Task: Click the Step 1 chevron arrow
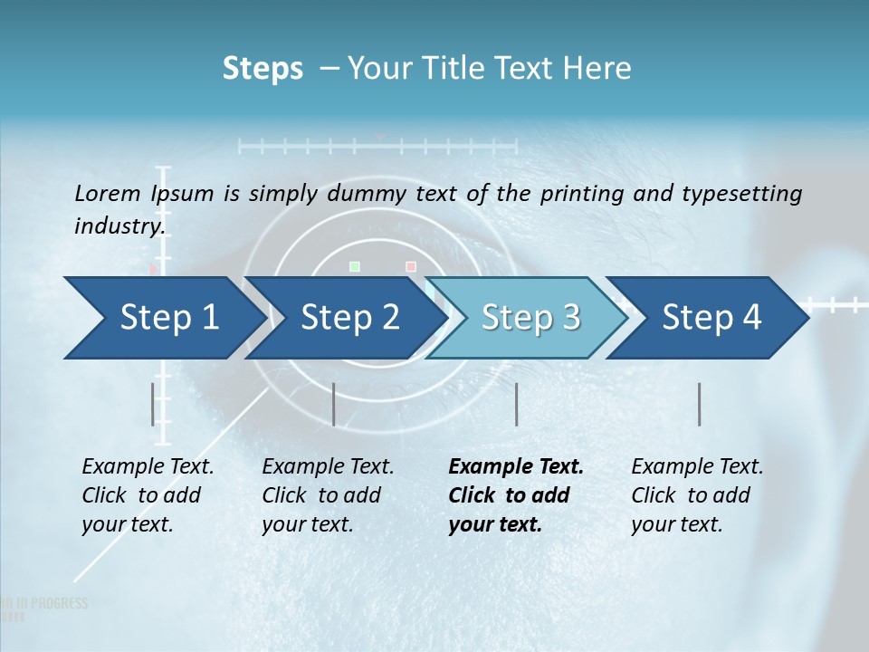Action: [x=163, y=317]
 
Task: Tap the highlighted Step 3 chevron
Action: [x=530, y=317]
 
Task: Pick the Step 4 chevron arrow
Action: [x=711, y=317]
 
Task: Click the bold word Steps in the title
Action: [x=263, y=69]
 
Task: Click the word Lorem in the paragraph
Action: [x=107, y=193]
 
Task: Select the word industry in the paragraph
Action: [x=119, y=225]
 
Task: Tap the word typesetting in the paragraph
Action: [x=744, y=194]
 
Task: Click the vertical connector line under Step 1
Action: [x=153, y=404]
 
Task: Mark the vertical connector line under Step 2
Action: [x=334, y=404]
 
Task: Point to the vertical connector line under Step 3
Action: [x=517, y=404]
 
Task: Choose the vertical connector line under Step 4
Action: [x=700, y=404]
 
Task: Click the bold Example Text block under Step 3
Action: [x=516, y=495]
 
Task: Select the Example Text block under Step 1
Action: [x=148, y=495]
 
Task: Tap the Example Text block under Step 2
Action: [x=328, y=495]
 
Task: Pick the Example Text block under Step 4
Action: [x=697, y=495]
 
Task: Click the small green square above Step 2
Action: [x=355, y=266]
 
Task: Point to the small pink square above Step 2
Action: [x=411, y=266]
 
